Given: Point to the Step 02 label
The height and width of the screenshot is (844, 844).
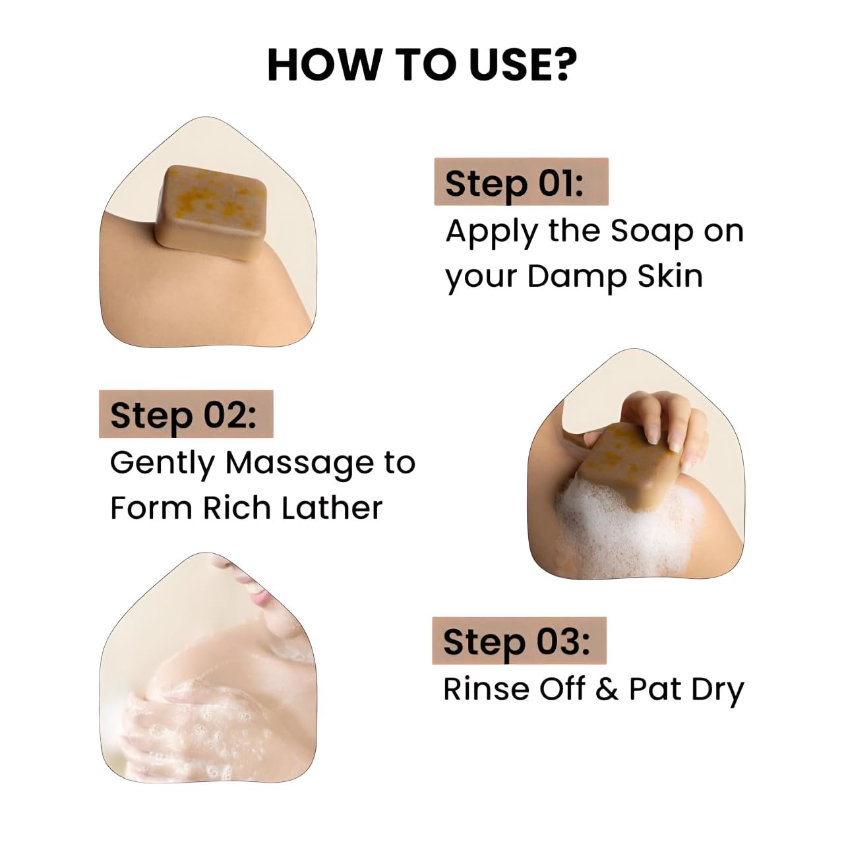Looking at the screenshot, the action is click(183, 415).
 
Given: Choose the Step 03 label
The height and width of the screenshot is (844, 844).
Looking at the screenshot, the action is click(516, 642).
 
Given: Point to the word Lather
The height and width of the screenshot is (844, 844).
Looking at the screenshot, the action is click(332, 508).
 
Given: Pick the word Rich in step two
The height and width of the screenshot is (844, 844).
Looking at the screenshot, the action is click(237, 508).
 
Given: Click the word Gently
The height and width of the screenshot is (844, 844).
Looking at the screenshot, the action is click(162, 464).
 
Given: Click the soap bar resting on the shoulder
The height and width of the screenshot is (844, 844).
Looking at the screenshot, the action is click(211, 212).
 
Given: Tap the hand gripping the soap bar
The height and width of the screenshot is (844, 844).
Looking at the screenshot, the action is click(657, 427).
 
